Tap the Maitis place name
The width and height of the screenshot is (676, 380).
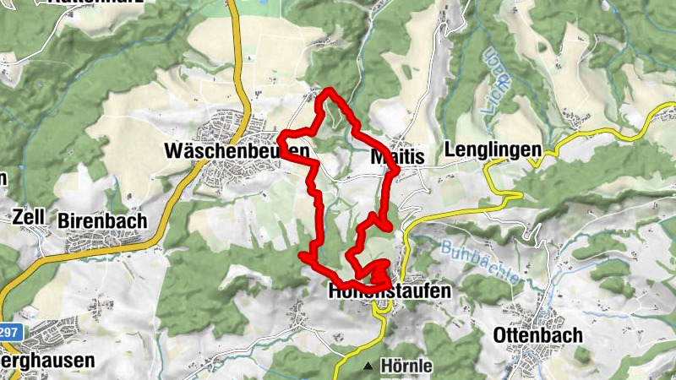pos(396,156)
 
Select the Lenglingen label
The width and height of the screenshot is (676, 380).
pos(497,149)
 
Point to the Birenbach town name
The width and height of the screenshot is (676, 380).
pos(102,220)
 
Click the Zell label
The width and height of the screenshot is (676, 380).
pos(28,216)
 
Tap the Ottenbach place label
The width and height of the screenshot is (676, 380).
pos(537,335)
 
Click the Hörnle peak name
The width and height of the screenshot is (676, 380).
pos(406,366)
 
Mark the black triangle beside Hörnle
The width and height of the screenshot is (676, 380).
pos(368,367)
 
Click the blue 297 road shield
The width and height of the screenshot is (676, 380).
pos(8,333)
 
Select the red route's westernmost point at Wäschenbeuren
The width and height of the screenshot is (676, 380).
pos(280,135)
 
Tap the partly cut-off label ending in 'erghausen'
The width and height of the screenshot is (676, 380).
pos(47,360)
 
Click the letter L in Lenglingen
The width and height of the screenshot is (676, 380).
pos(459,149)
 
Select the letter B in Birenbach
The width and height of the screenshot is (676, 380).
pos(63,220)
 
